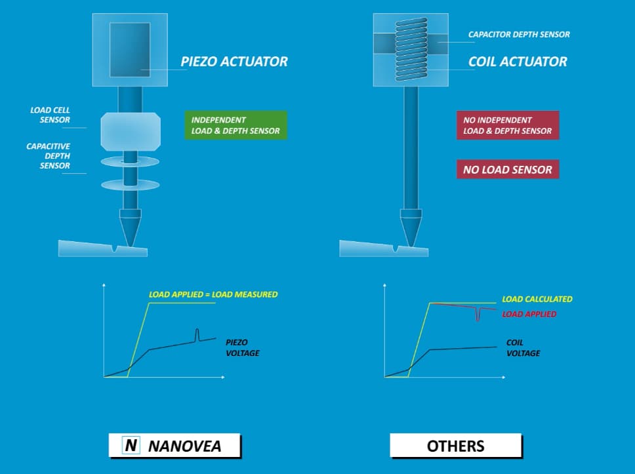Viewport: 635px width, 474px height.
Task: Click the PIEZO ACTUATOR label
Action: click(234, 62)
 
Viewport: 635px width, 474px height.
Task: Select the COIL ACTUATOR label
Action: click(518, 62)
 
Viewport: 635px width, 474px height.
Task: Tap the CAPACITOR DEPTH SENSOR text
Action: click(519, 34)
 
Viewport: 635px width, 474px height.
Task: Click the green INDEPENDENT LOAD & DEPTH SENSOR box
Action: click(236, 125)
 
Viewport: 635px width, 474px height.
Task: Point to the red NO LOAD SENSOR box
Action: click(507, 169)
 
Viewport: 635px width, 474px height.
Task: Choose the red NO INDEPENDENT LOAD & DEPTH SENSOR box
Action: click(507, 125)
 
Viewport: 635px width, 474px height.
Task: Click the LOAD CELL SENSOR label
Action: click(50, 115)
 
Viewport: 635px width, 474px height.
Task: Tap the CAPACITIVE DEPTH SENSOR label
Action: click(49, 156)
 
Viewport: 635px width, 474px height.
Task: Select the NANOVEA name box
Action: click(174, 446)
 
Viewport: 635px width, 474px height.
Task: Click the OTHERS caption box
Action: click(455, 446)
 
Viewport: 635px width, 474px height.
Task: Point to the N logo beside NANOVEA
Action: click(132, 446)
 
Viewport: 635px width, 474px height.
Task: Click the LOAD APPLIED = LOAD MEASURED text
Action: click(213, 294)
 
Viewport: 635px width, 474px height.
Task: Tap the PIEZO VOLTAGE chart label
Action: click(242, 347)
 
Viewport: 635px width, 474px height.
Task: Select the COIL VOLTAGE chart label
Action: click(523, 347)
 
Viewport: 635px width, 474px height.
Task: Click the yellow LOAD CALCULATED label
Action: click(537, 299)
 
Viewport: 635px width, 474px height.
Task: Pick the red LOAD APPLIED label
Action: click(529, 314)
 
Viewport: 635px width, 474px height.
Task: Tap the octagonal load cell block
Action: click(131, 130)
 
